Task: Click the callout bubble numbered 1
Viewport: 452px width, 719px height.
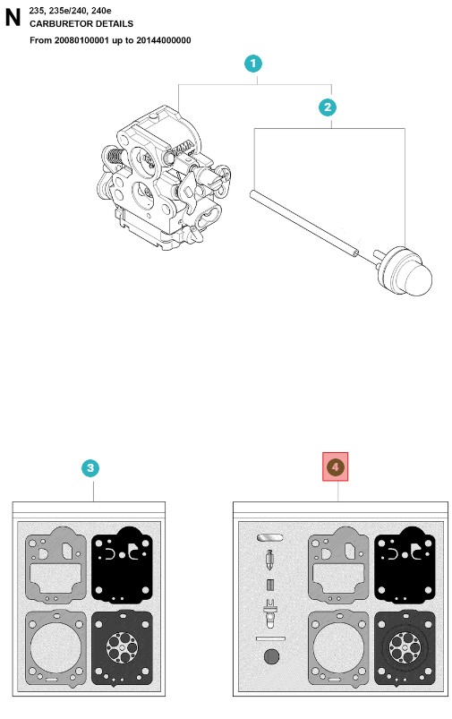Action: [x=253, y=64]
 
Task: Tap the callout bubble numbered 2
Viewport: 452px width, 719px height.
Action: [x=328, y=107]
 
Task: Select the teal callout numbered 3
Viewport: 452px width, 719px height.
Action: [x=90, y=467]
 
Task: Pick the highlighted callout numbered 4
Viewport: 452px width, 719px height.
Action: [x=335, y=466]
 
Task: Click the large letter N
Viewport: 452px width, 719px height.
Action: [x=13, y=17]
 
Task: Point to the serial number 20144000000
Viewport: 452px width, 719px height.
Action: [x=164, y=40]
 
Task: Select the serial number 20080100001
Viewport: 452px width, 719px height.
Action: [x=81, y=40]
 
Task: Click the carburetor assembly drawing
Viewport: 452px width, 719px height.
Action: [x=164, y=177]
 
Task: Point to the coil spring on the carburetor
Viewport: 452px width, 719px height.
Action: [x=115, y=158]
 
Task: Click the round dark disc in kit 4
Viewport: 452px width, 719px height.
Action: [x=271, y=656]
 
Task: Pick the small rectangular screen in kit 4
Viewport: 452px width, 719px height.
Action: [x=270, y=585]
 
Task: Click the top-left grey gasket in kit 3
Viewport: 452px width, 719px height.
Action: [x=55, y=564]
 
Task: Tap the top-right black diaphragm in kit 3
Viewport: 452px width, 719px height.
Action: [x=122, y=564]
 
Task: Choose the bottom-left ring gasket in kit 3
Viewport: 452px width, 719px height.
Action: [x=55, y=647]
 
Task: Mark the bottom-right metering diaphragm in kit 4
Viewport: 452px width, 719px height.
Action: [x=405, y=648]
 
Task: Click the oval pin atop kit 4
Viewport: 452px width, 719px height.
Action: [x=270, y=537]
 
